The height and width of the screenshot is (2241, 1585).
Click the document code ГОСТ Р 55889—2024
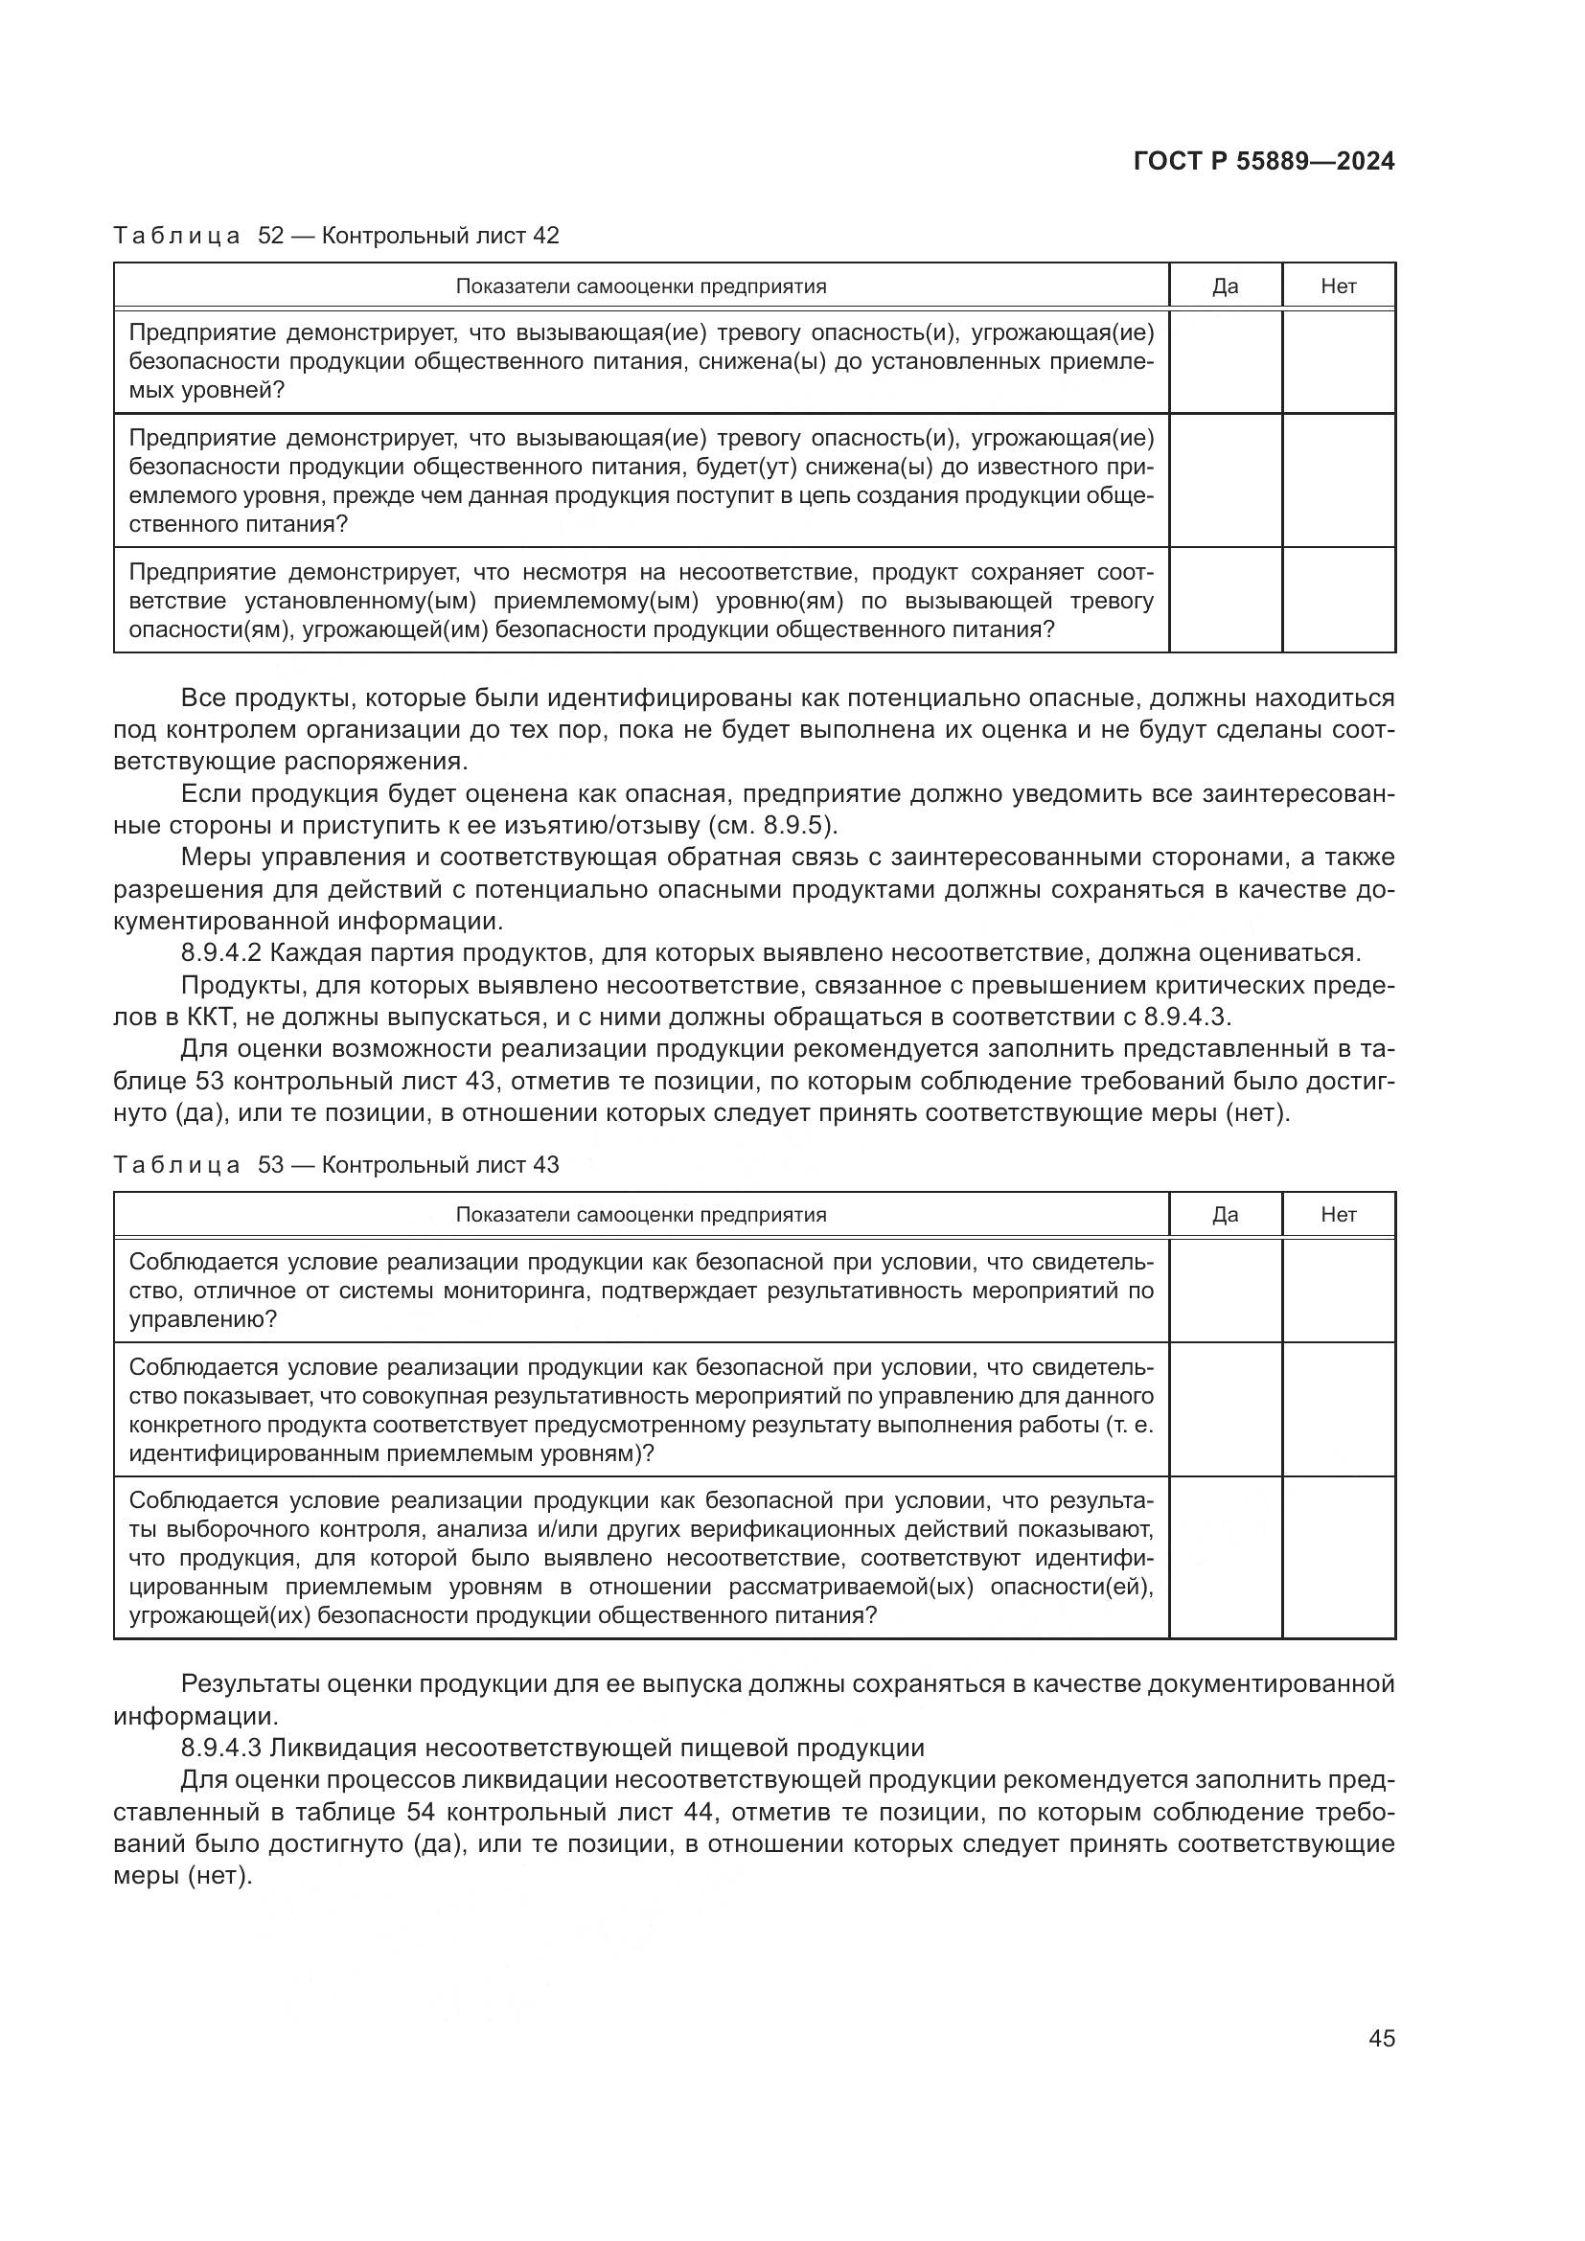point(1264,161)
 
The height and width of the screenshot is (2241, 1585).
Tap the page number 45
point(1381,2038)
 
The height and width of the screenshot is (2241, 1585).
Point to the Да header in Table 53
point(1225,1214)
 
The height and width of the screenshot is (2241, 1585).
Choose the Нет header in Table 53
point(1338,1214)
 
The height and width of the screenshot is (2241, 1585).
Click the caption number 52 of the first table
point(270,236)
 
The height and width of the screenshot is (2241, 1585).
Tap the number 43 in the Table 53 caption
point(545,1164)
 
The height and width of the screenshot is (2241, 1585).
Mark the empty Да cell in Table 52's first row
point(1225,361)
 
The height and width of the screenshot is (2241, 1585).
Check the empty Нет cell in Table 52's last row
point(1338,599)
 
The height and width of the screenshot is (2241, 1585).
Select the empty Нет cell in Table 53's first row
point(1338,1291)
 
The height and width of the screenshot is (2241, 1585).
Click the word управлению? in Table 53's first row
point(203,1319)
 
